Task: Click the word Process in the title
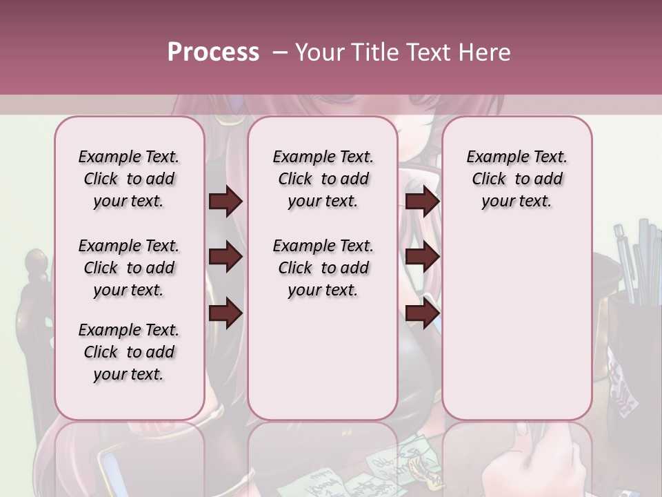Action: point(213,52)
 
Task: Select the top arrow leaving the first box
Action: point(225,202)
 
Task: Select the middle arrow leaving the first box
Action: point(225,257)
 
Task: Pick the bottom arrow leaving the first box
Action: point(225,313)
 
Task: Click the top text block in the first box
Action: point(129,179)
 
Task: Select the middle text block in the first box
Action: point(129,268)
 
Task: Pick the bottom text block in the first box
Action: point(129,352)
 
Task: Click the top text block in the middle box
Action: point(323,179)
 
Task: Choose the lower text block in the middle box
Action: point(323,268)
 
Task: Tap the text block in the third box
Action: point(517,179)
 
